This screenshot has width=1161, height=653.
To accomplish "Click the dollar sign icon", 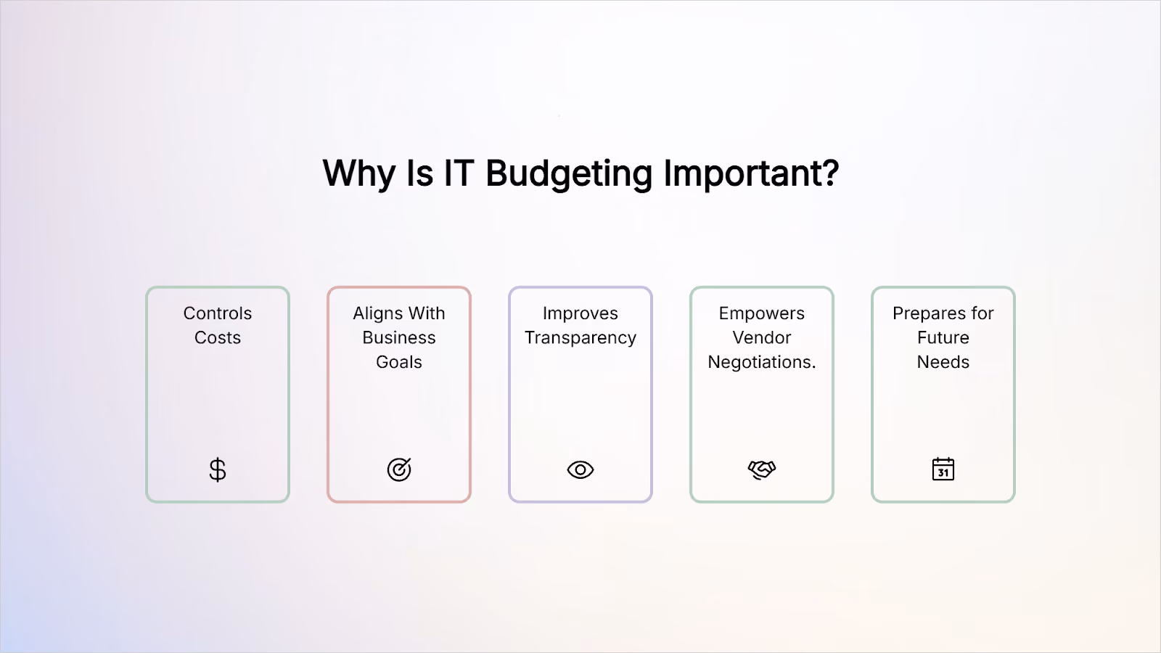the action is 218,470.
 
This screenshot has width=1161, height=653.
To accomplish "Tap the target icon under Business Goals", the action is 399,469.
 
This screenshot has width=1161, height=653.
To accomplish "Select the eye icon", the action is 580,469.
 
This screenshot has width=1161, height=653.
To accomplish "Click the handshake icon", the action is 762,469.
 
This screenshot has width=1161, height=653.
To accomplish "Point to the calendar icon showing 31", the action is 943,469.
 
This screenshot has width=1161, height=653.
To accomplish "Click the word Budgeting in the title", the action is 569,173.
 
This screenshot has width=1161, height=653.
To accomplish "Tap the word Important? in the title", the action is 752,173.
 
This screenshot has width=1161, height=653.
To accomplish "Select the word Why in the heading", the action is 358,173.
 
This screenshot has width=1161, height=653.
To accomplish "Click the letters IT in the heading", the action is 459,173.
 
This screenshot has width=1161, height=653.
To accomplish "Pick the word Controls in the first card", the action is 218,313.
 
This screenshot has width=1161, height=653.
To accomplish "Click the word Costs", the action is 218,337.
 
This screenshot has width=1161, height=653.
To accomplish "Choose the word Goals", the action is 399,362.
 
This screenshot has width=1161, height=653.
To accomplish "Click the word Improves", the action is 580,314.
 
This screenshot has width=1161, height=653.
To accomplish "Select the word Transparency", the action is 580,338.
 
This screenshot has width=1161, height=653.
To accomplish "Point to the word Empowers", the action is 762,314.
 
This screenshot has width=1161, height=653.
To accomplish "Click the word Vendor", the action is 762,337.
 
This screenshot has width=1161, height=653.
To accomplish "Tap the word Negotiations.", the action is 762,363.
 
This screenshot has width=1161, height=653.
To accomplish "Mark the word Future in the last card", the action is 943,337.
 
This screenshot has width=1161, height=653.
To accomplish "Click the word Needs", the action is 943,362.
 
